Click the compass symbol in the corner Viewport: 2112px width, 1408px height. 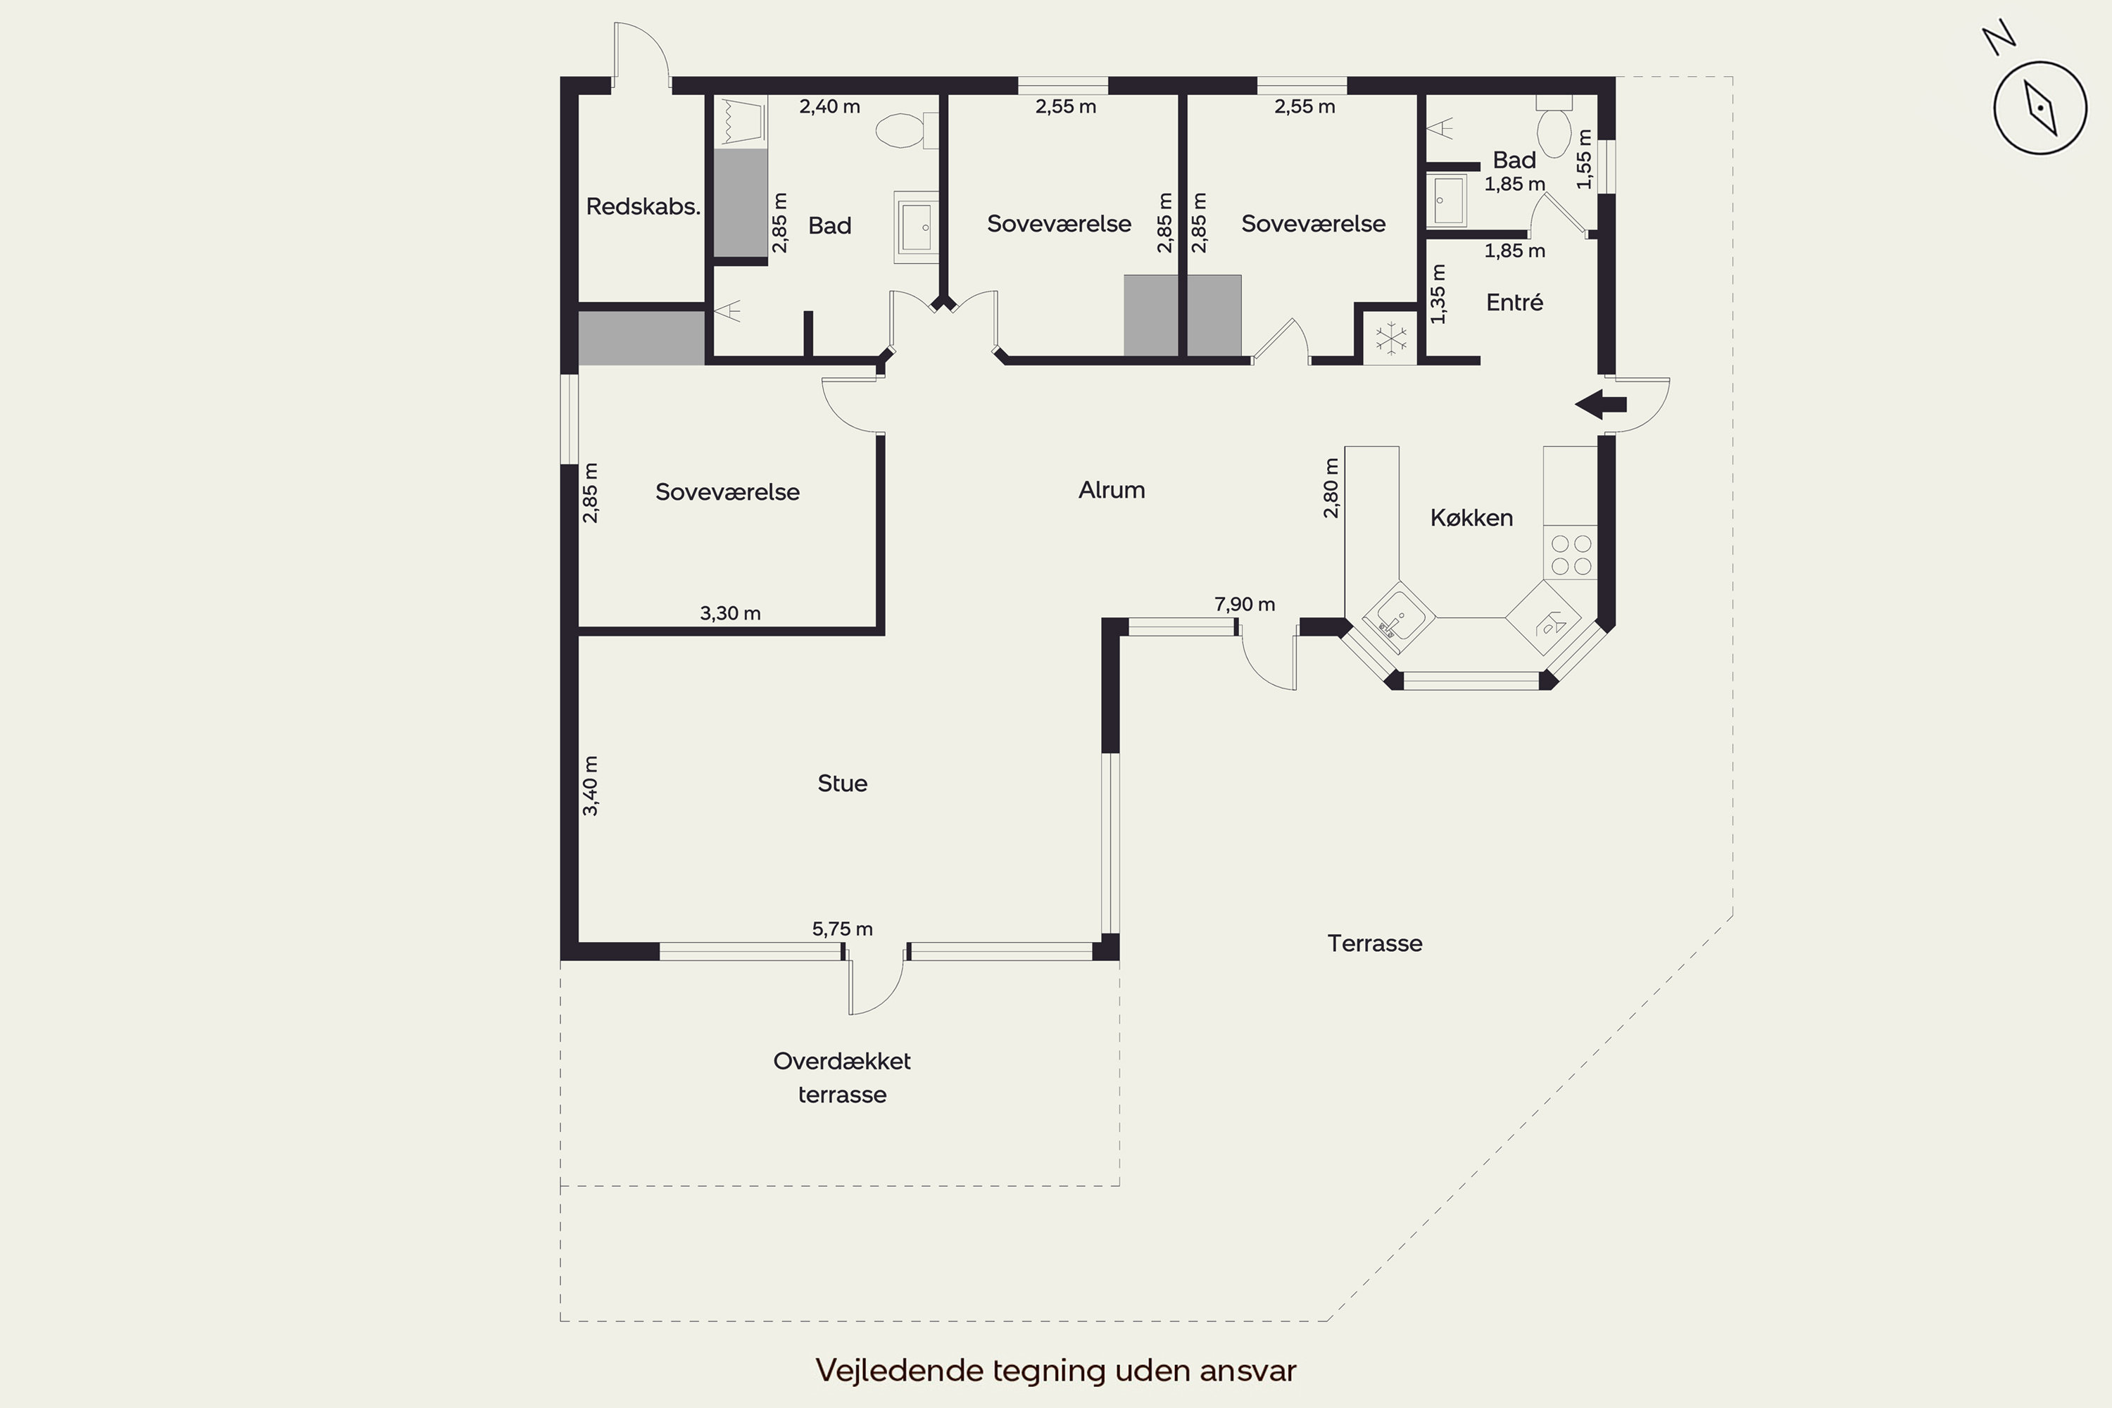pos(2039,108)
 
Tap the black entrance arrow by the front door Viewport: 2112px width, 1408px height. pos(1601,405)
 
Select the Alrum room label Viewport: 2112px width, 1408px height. pos(1112,490)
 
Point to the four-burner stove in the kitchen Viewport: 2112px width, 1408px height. pos(1571,554)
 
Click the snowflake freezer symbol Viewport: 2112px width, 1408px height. pos(1391,339)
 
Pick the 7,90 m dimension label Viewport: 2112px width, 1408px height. pos(1245,604)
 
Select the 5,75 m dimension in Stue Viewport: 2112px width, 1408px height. pos(842,929)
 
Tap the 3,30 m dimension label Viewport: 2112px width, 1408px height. pos(730,613)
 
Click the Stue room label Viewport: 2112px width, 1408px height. pos(842,784)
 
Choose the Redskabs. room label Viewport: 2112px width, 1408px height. pos(643,206)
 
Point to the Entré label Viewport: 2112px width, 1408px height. pos(1515,303)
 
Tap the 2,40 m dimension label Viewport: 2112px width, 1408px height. pos(830,107)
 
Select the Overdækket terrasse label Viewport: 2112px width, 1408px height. pos(842,1078)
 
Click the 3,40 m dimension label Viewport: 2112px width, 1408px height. pos(590,786)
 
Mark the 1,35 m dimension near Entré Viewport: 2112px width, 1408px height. pos(1438,294)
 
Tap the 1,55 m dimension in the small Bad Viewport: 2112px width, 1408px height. pos(1584,159)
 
